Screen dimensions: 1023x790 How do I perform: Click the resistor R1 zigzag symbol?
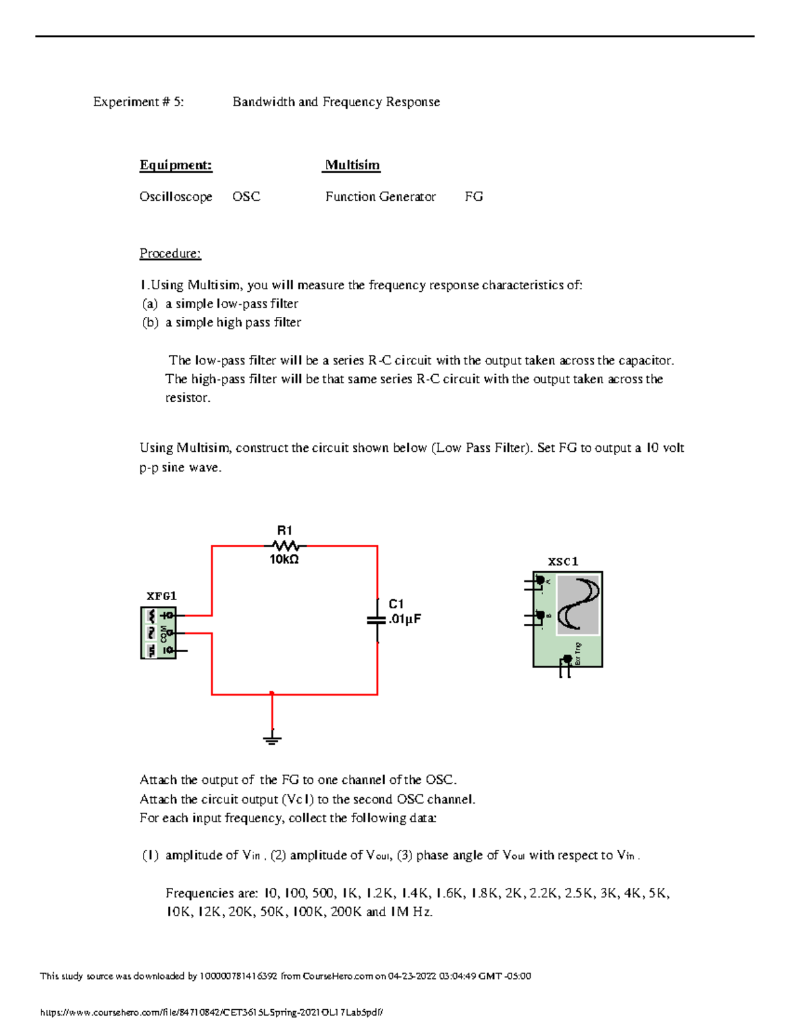coord(284,545)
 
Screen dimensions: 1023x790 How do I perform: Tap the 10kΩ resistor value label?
coord(284,559)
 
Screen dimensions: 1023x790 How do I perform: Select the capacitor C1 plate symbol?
coord(377,620)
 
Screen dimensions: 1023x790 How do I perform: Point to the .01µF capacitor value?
coord(404,619)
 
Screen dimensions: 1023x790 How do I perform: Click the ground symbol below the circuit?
coord(272,738)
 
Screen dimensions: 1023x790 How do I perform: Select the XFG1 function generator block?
coord(159,633)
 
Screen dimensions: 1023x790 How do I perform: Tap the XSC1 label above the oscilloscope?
coord(563,561)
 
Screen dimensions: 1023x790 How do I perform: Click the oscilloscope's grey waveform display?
coord(578,605)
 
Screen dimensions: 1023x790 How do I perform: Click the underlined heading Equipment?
coord(176,165)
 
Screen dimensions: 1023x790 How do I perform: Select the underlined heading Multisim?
coord(352,165)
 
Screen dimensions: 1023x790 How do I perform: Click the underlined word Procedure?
coord(170,254)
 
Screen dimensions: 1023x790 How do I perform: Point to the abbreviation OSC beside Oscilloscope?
coord(246,196)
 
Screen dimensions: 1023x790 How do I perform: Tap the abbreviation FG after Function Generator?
coord(473,196)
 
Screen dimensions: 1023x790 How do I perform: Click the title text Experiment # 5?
coord(138,101)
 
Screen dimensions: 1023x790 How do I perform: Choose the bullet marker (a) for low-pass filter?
coord(150,304)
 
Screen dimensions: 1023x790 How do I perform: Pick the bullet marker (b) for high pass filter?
coord(150,322)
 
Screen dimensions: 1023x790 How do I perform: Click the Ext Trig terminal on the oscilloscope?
coord(567,659)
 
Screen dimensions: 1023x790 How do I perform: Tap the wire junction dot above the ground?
coord(272,694)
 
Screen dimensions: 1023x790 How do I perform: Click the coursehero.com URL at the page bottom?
coord(211,1012)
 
